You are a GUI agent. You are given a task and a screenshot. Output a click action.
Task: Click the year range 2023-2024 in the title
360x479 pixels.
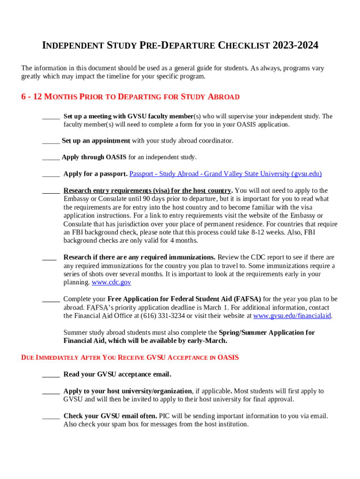tap(295, 45)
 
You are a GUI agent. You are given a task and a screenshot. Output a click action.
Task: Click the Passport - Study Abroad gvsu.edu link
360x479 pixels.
tap(225, 174)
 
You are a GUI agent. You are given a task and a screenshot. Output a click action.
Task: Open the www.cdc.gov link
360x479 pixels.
tap(111, 283)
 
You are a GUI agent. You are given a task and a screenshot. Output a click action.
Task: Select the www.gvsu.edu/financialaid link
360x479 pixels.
tap(292, 316)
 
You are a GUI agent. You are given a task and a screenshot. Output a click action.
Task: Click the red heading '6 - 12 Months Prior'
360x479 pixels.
tap(130, 97)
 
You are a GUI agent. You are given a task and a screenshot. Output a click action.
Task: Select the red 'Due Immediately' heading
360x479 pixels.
tap(130, 358)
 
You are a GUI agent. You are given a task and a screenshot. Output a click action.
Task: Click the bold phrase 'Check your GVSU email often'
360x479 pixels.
tap(110, 416)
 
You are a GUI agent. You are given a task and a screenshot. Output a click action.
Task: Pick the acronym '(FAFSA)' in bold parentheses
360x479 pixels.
tap(248, 299)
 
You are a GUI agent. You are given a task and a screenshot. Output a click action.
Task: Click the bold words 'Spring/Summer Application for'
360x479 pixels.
tap(266, 333)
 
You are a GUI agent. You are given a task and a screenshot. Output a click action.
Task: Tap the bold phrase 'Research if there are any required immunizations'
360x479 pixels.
tap(139, 257)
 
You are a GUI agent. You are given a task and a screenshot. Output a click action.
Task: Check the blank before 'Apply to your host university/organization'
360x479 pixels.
tap(51, 392)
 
